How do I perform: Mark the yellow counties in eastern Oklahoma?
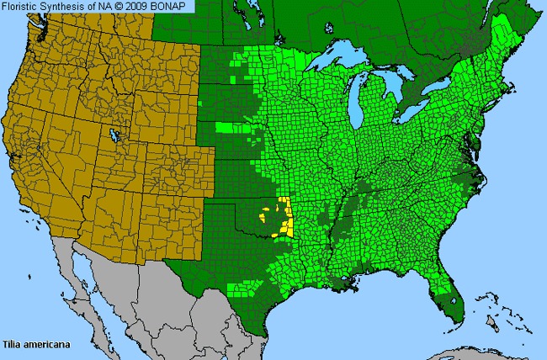click(284, 217)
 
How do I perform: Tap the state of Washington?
click(50, 38)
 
